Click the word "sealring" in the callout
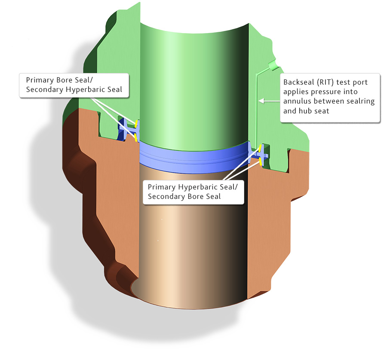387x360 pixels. coord(360,101)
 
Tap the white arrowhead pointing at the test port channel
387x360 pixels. coord(261,101)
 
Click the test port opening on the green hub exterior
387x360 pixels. coord(272,65)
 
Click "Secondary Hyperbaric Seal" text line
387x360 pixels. coord(74,89)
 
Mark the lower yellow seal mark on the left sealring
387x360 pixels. coord(136,137)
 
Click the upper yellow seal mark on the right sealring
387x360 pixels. coord(261,149)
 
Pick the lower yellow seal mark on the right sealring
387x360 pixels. coord(261,161)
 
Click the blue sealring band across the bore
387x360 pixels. coord(193,155)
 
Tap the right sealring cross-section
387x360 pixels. coord(263,155)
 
